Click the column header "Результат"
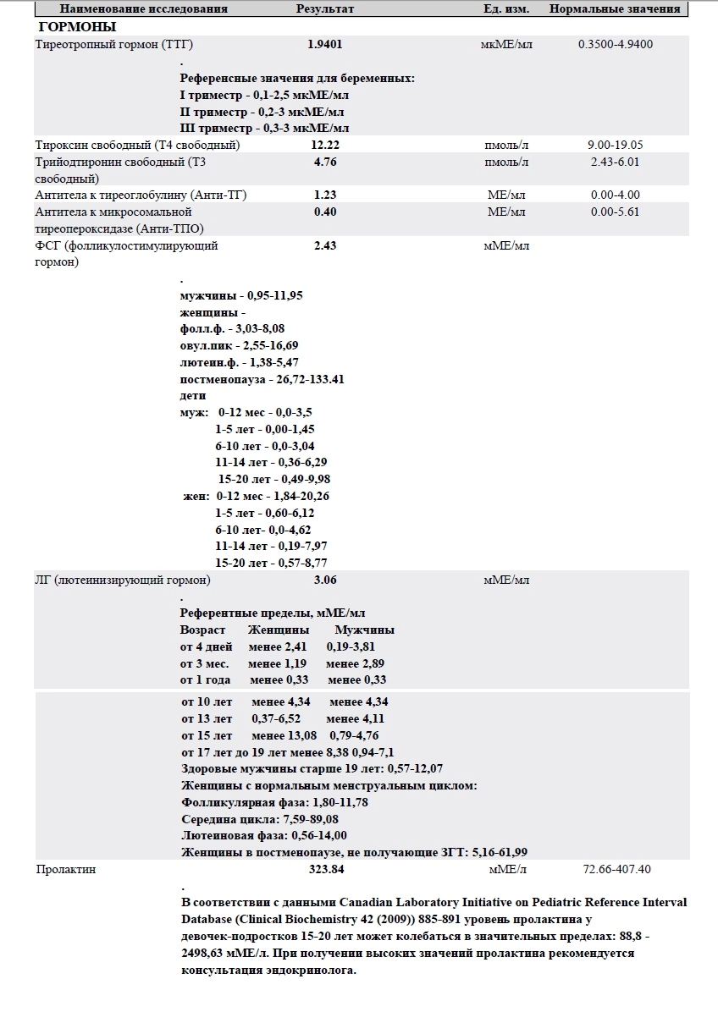(x=325, y=9)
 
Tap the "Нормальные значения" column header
(x=615, y=9)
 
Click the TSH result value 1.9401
(x=325, y=44)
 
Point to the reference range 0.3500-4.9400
(x=616, y=44)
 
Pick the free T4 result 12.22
(x=325, y=145)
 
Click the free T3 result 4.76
(x=325, y=162)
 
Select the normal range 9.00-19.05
(x=616, y=145)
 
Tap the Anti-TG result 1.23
(x=325, y=195)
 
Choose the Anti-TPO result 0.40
(x=325, y=212)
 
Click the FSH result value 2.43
(x=325, y=245)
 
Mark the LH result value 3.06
(x=325, y=580)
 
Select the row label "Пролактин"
(x=65, y=869)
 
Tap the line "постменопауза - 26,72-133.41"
(x=262, y=379)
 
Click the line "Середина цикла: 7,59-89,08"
(x=260, y=819)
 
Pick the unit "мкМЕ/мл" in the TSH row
(x=506, y=44)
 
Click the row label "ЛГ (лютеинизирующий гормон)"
(x=123, y=580)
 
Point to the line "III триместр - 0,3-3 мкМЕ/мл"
(x=264, y=128)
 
